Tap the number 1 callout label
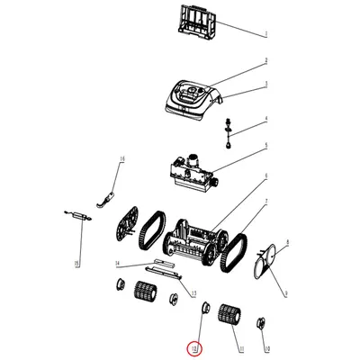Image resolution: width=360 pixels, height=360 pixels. [x=266, y=33]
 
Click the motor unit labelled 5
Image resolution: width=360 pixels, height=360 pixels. [x=191, y=169]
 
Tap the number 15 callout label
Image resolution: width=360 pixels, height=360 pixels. [x=76, y=262]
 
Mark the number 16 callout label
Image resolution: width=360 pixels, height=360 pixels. [x=122, y=158]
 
